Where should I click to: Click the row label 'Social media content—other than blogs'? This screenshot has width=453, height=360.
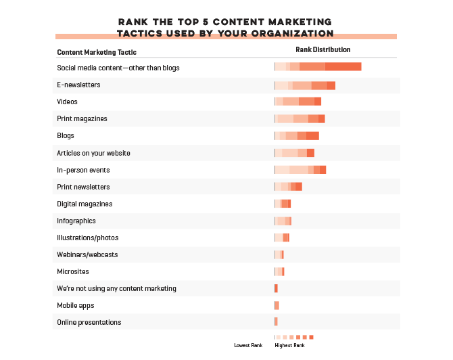point(118,68)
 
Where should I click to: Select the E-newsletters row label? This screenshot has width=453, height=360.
point(78,85)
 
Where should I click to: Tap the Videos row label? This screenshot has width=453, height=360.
point(68,102)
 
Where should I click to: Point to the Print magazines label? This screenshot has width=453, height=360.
point(82,118)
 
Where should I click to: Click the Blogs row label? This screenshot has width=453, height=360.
point(66,135)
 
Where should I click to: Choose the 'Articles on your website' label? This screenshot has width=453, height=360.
point(93,153)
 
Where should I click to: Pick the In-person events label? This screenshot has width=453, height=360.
point(83,170)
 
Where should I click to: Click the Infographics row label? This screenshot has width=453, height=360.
point(76,221)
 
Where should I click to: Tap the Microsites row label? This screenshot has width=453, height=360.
point(72,271)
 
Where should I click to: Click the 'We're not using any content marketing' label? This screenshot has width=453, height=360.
point(116,288)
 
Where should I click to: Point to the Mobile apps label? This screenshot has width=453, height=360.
point(76,305)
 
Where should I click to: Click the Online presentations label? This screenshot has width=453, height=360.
point(89,322)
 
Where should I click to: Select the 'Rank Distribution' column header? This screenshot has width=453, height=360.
point(323,49)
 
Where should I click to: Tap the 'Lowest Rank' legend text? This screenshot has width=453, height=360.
point(248,345)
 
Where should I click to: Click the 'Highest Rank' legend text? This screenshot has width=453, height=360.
point(290,345)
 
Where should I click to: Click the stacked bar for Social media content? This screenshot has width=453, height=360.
point(318,66)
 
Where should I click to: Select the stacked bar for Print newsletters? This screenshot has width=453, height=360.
point(288,186)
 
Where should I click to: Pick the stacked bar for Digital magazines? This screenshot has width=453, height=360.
point(283,203)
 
